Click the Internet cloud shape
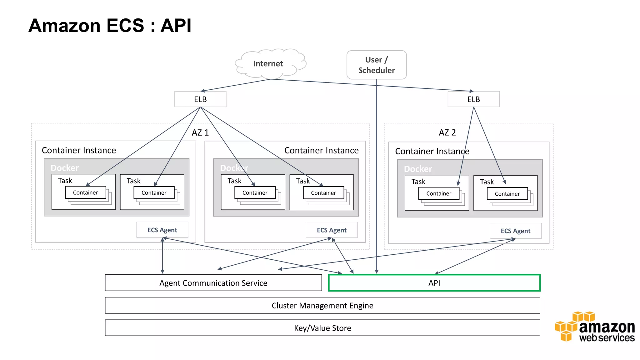268,63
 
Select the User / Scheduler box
377,65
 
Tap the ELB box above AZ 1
200,99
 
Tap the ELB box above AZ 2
473,99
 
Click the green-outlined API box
434,283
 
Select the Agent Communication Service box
213,283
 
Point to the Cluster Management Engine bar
322,305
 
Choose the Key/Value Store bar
322,328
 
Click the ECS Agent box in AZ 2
515,231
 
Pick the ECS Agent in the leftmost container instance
162,230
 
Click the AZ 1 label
200,132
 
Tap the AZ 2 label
447,132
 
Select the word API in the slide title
176,25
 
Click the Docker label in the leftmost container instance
65,168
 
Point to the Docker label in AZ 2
418,169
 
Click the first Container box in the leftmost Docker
85,192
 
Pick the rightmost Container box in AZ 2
507,194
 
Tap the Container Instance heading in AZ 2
432,151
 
